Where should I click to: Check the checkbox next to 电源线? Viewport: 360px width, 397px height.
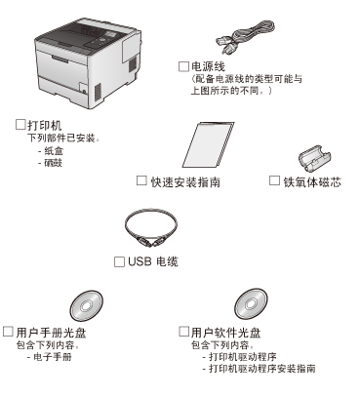click(183, 66)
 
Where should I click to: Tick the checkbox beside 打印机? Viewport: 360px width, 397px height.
click(20, 125)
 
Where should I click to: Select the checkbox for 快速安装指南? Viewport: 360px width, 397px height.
click(141, 180)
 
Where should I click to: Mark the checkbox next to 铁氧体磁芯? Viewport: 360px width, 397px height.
click(274, 180)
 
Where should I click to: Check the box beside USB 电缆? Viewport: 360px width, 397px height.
click(119, 261)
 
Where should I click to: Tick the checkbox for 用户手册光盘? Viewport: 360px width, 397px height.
click(8, 332)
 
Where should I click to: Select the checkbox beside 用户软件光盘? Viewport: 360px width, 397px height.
click(183, 332)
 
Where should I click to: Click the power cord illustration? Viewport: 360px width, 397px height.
click(245, 37)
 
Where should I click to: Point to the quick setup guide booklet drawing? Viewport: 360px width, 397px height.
click(208, 144)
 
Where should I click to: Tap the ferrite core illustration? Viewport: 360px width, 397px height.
click(314, 159)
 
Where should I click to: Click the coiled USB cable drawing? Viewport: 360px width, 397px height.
click(150, 228)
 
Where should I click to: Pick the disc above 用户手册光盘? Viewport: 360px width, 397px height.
click(86, 306)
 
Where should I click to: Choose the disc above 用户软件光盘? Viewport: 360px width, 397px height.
click(251, 304)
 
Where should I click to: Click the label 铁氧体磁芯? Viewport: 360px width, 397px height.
click(312, 182)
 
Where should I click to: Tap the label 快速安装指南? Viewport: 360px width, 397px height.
click(185, 182)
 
